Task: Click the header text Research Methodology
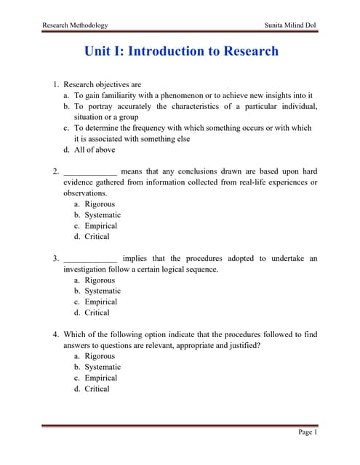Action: [75, 25]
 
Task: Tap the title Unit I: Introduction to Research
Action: [181, 52]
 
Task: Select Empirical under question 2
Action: [101, 226]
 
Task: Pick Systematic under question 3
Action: [103, 291]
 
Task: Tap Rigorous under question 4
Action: [100, 356]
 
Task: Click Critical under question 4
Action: [97, 389]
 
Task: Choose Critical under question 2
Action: [97, 236]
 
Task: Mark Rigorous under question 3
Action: [100, 280]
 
